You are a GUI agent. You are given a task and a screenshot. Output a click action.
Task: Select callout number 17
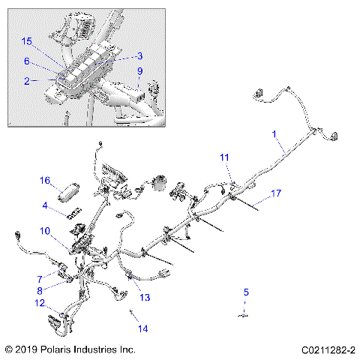(276, 193)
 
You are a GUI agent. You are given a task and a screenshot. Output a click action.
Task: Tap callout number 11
(224, 157)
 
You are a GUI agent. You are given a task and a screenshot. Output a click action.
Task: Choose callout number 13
(145, 298)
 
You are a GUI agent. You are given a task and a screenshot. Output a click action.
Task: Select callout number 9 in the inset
(139, 71)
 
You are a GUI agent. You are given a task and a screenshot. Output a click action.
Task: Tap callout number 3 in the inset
(139, 55)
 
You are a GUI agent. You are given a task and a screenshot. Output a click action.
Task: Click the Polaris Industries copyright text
(70, 349)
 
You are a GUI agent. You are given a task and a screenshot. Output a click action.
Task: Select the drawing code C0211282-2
(328, 349)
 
